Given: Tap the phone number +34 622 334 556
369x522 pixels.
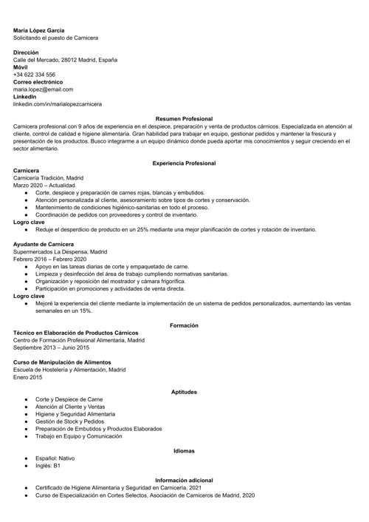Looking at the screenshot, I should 34,75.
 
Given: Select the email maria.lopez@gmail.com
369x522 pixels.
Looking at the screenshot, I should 43,89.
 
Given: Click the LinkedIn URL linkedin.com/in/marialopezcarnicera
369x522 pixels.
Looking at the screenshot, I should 58,104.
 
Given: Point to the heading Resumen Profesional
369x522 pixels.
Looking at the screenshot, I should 184,118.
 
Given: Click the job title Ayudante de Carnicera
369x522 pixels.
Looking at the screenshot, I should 44,243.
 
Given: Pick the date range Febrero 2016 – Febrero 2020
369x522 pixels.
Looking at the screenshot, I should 50,259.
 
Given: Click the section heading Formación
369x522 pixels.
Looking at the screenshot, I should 184,325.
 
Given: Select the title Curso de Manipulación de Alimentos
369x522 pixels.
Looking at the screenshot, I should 62,362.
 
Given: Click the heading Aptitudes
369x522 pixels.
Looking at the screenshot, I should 184,391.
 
